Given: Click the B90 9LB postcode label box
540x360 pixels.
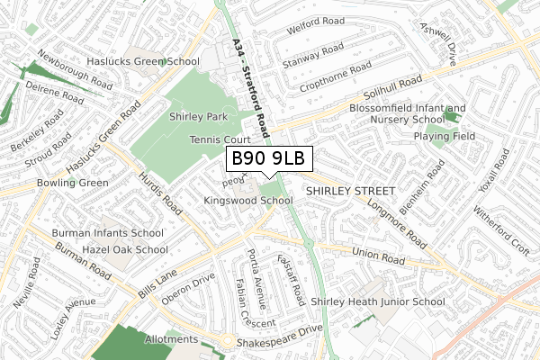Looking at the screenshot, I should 268,159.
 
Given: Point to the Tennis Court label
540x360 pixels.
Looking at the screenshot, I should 219,140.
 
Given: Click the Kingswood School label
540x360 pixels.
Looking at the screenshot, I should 248,200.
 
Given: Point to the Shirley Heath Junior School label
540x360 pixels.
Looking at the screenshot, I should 378,302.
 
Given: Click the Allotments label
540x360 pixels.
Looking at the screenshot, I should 171,339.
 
